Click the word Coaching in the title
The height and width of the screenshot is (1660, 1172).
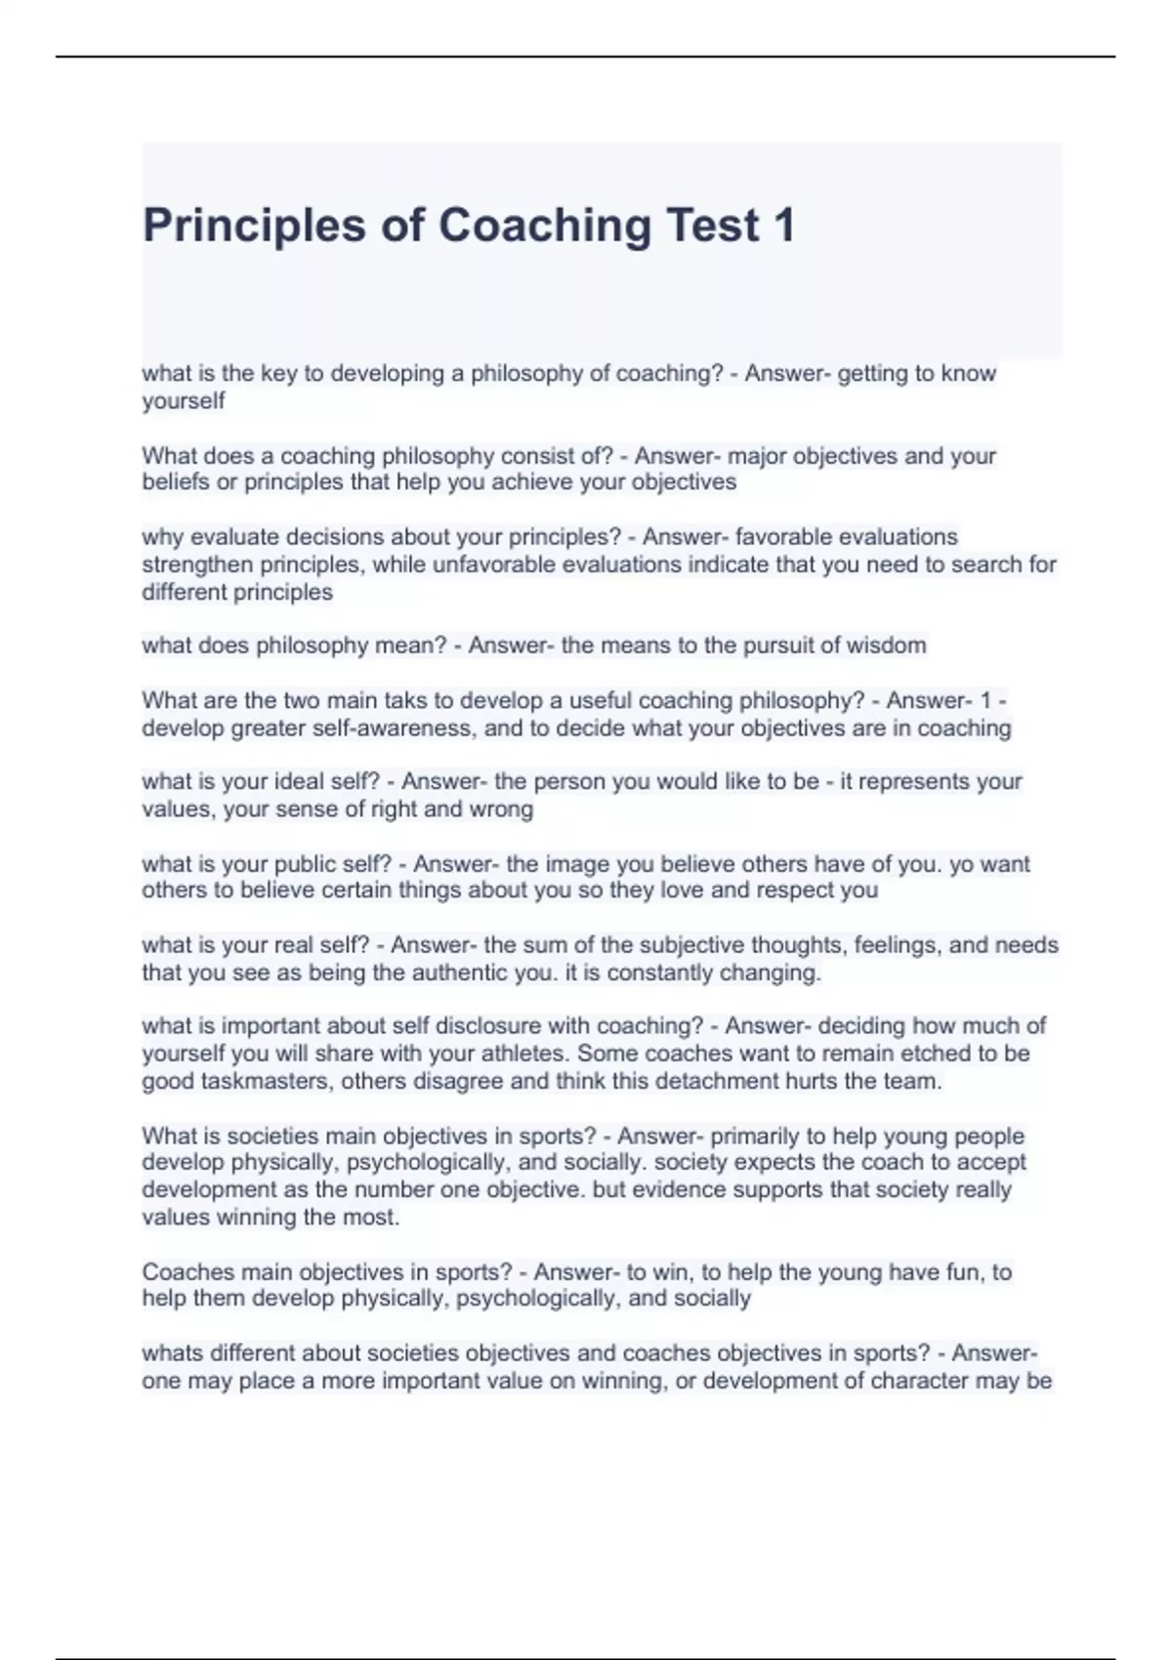544,226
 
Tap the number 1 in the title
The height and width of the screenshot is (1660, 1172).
784,226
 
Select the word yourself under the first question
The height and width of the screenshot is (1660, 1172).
184,401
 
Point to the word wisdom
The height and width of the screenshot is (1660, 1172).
888,645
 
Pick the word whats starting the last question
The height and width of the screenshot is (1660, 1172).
172,1353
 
